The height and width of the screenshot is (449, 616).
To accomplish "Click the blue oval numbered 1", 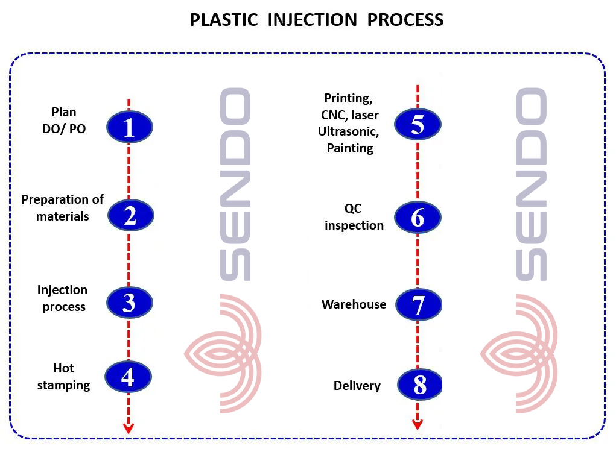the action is pos(129,127).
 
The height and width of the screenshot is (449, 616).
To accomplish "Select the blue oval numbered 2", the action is pos(130,215).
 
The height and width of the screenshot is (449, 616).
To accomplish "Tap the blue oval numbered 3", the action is pos(129,303).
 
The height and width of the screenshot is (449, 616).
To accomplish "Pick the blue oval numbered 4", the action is pos(128,377).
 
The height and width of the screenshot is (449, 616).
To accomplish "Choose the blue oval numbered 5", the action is pos(418,124).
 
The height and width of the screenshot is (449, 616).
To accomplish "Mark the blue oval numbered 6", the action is pos(418,217).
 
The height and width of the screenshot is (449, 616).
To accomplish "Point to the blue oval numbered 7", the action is pos(418,304).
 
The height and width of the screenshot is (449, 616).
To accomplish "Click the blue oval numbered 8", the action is pos(419,385).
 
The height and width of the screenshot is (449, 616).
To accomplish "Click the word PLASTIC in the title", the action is pos(224,20).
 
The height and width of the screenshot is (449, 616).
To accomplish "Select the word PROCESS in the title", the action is pos(405,20).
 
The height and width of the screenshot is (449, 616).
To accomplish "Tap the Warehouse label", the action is pos(354,304).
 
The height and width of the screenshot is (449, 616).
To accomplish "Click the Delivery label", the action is pos(357,386).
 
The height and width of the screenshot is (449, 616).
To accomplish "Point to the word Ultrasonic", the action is pos(349,131).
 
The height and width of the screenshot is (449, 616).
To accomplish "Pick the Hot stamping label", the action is pos(63,377).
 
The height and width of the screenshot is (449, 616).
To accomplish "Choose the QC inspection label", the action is pos(354,217).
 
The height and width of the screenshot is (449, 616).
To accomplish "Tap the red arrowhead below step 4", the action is pos(129,428).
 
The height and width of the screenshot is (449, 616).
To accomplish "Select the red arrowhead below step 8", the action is pos(418,424).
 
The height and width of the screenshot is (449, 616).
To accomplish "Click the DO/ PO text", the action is pos(64,129).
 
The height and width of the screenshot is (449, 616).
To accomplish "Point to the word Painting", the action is pos(350,148).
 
